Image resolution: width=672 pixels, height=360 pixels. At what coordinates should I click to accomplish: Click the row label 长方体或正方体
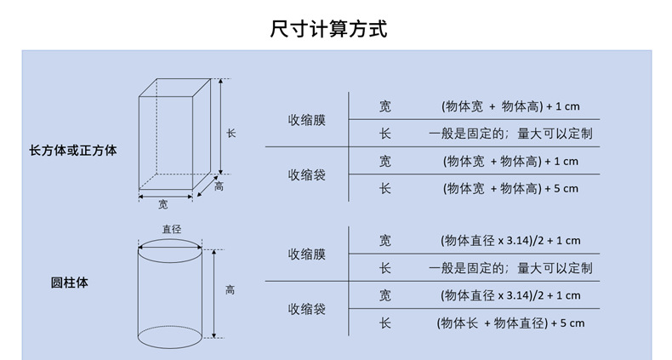[73, 151]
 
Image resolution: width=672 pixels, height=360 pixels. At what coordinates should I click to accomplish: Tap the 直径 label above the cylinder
[171, 228]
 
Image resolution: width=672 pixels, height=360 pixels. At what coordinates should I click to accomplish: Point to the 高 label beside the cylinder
[230, 290]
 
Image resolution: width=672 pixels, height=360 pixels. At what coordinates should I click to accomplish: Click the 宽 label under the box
[163, 204]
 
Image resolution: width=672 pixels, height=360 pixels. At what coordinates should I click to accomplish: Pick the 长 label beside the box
[231, 134]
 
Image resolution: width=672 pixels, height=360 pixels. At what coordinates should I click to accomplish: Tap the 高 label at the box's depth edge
[219, 187]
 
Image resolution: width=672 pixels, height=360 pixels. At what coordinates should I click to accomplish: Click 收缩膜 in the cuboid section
[306, 120]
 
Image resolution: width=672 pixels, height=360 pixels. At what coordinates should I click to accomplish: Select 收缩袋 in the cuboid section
[306, 174]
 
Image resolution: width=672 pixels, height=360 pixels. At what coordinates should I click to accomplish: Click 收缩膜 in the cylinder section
[306, 254]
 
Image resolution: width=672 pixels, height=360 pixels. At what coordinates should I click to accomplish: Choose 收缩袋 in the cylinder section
[306, 309]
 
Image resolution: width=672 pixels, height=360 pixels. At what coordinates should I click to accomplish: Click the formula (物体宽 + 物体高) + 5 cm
[510, 188]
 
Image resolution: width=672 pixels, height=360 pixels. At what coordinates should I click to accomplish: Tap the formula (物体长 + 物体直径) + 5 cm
[510, 323]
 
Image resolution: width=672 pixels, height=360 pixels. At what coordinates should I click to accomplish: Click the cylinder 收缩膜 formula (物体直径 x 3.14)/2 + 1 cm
[510, 241]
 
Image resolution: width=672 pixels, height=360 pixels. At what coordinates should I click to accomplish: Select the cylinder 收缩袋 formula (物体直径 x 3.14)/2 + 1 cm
[510, 295]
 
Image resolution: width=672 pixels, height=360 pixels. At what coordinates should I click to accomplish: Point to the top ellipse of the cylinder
[170, 250]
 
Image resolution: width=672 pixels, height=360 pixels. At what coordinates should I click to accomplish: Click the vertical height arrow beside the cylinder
[213, 294]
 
